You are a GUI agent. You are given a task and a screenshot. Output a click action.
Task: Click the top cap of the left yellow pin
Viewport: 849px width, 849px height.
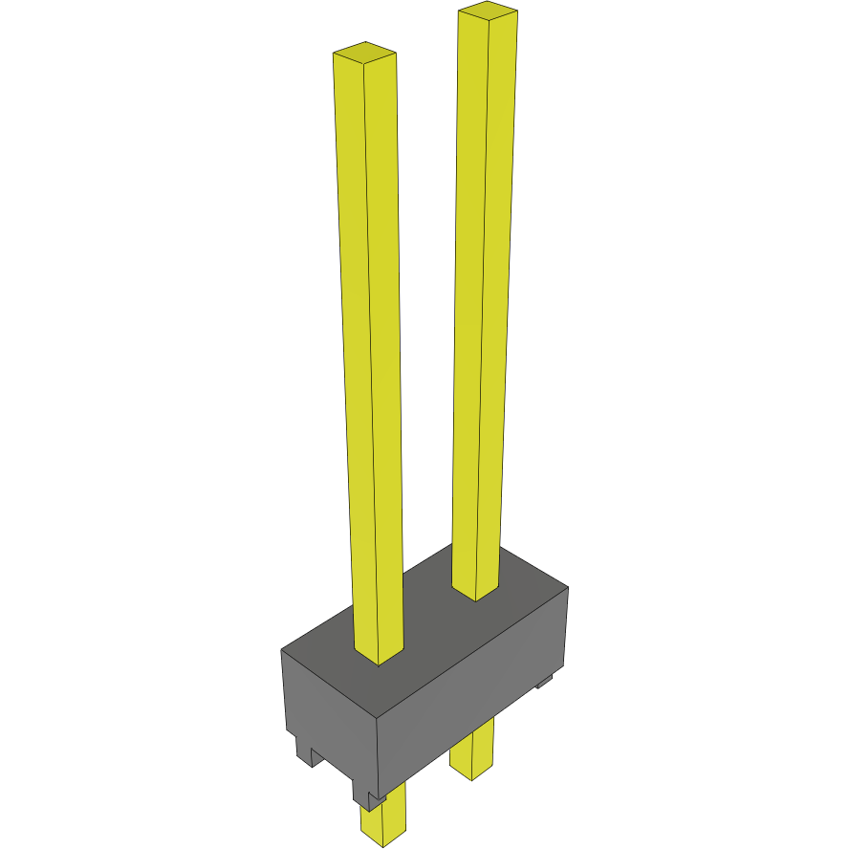[x=364, y=54]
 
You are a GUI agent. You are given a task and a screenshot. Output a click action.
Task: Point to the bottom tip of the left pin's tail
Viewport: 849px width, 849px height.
[x=383, y=843]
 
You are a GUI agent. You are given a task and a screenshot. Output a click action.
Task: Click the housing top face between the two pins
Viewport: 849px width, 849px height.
[x=430, y=621]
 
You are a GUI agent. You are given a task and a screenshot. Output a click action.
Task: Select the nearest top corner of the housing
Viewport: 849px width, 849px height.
[x=378, y=714]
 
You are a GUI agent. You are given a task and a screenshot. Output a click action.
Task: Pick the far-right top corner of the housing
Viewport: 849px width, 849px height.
[x=568, y=587]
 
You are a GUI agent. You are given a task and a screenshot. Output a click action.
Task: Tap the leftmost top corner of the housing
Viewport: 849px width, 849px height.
[x=282, y=651]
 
